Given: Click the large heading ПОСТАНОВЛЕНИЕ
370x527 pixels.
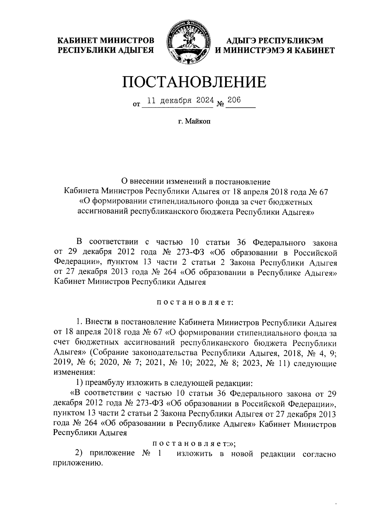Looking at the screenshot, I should [194, 82].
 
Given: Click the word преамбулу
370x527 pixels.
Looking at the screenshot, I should [105, 383].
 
